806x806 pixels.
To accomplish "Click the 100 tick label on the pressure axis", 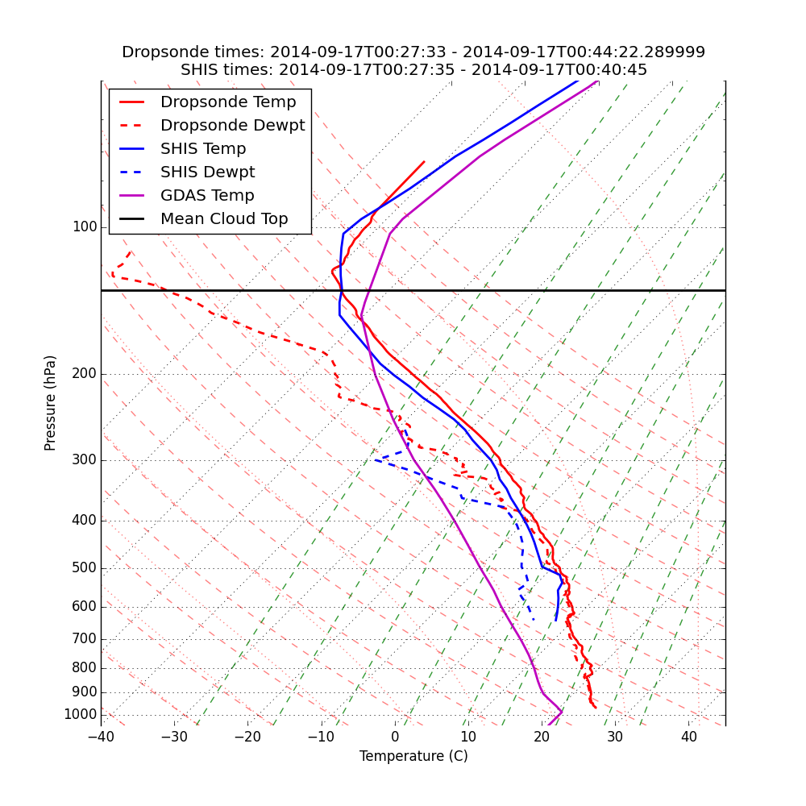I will click(85, 227).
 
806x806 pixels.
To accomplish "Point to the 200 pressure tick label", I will click(85, 374).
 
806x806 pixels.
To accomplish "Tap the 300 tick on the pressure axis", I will click(85, 460).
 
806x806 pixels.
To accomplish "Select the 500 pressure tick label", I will click(85, 568).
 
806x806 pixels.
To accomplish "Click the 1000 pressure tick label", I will click(81, 715).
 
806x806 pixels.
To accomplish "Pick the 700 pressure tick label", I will click(85, 639).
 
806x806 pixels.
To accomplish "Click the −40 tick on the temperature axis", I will click(101, 737).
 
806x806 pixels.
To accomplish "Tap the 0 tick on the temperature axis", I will click(395, 737).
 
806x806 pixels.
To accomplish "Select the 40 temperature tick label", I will click(688, 737).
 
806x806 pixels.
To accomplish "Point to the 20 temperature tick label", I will click(542, 737).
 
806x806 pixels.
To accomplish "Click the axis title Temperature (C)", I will click(413, 756).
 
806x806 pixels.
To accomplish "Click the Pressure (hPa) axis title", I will click(51, 403).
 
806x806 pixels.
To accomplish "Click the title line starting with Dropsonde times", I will click(413, 52).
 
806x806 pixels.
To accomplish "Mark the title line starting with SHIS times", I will click(413, 70).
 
